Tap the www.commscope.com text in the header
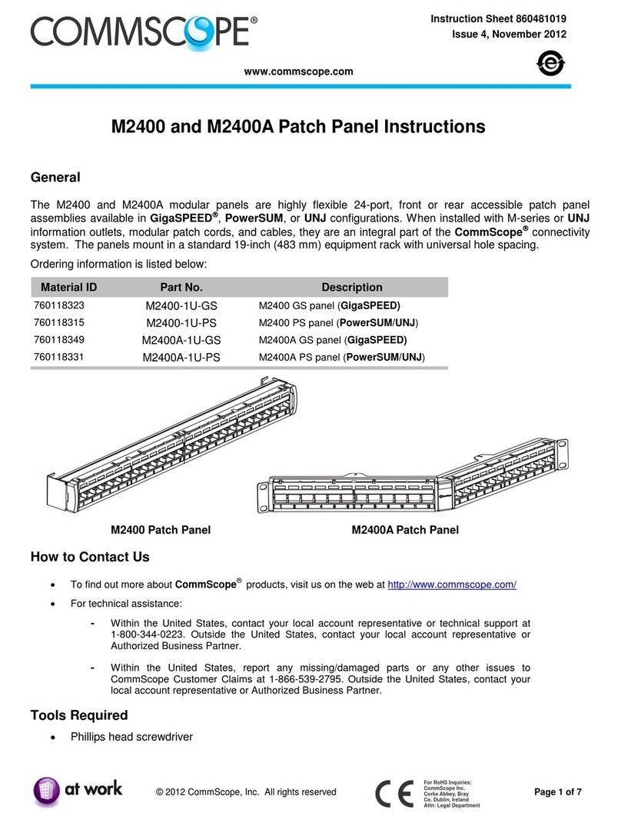click(298, 72)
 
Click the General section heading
click(55, 178)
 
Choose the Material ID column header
click(68, 288)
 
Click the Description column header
click(351, 288)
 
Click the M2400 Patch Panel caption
click(161, 530)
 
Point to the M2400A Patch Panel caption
click(405, 530)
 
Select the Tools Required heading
click(78, 715)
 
